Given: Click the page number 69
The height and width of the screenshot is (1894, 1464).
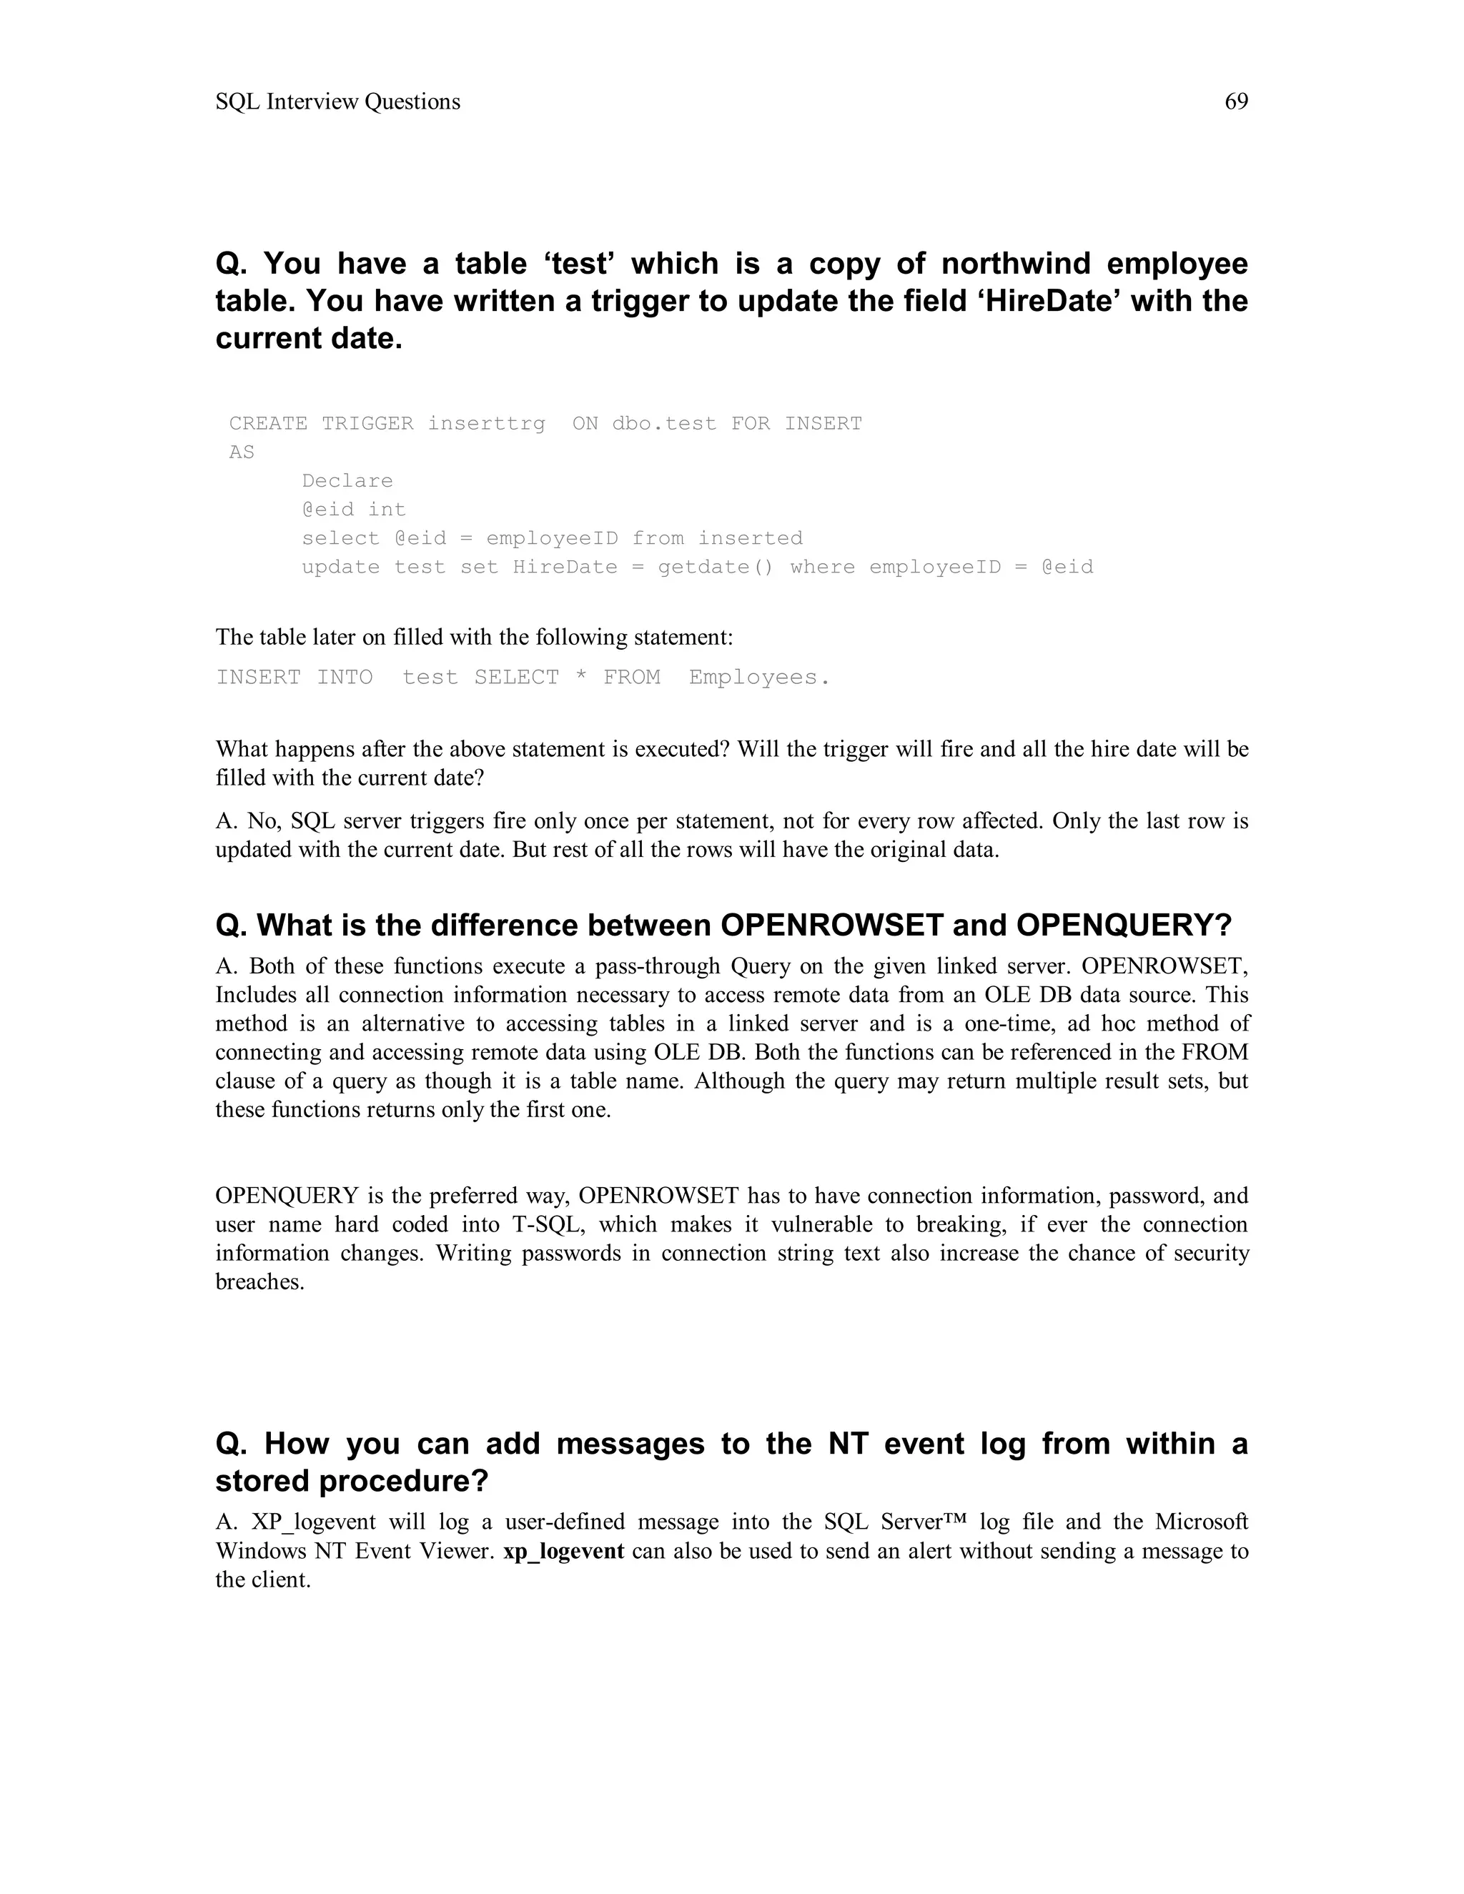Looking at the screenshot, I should coord(1236,101).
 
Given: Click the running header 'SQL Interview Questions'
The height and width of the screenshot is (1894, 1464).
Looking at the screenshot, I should coord(337,101).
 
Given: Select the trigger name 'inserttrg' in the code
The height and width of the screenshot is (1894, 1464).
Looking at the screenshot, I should coord(487,423).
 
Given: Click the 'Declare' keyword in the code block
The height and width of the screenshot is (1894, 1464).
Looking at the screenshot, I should coord(347,480).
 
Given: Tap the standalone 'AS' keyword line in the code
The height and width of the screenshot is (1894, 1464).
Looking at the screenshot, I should coord(242,452).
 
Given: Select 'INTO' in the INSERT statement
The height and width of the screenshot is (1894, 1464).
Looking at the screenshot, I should coord(345,678).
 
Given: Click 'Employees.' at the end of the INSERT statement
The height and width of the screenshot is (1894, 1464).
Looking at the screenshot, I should coord(760,678).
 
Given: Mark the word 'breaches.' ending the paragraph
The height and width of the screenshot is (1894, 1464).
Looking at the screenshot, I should coord(260,1281).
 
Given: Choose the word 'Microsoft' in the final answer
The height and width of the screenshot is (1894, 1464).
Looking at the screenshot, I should coord(1201,1522).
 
